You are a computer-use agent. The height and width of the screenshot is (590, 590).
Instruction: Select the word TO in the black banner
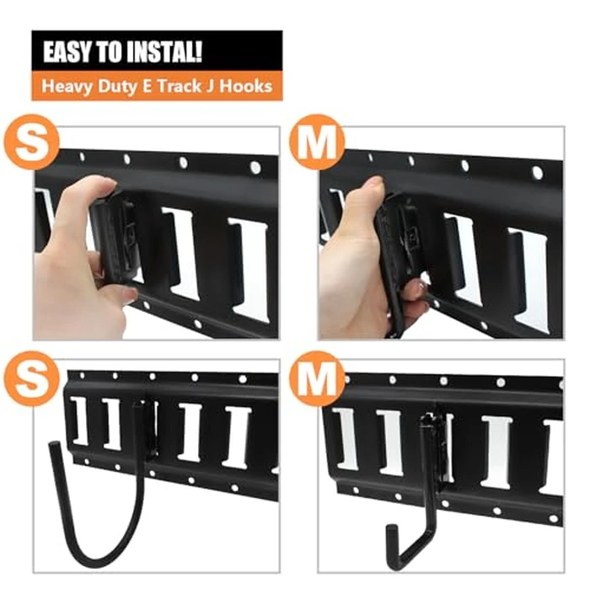(112, 52)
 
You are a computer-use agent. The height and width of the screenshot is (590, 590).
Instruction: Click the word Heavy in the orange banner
(65, 86)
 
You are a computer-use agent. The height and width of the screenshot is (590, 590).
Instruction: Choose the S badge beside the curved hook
(32, 381)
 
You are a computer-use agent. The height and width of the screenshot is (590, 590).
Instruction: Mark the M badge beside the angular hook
(317, 381)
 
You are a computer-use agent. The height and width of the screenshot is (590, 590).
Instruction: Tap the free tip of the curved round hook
(52, 448)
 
